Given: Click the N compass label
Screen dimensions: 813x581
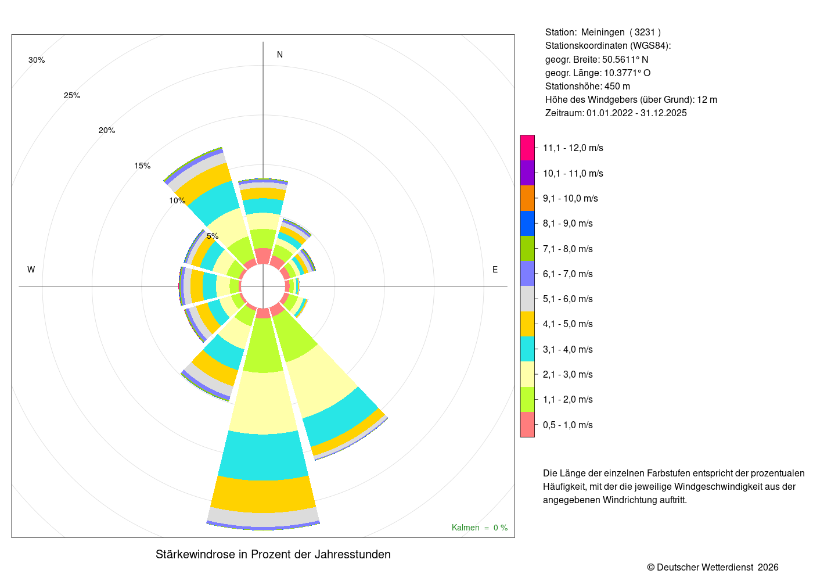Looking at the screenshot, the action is pyautogui.click(x=280, y=55).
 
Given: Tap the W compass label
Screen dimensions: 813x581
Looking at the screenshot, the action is pyautogui.click(x=31, y=270).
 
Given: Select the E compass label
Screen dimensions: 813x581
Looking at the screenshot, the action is pyautogui.click(x=495, y=270).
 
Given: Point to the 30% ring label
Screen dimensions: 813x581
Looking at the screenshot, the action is pyautogui.click(x=37, y=60).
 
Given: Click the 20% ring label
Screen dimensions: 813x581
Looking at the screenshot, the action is pyautogui.click(x=107, y=130).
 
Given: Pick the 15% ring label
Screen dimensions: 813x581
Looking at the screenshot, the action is pyautogui.click(x=142, y=166).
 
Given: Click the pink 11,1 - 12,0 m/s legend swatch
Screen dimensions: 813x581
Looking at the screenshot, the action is pyautogui.click(x=527, y=148).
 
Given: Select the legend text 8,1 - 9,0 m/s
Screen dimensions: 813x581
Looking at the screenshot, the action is pyautogui.click(x=568, y=223).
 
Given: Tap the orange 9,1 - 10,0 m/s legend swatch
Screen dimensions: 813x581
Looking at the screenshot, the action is pyautogui.click(x=527, y=198).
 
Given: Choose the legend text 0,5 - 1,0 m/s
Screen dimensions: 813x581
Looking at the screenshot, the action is pyautogui.click(x=568, y=425).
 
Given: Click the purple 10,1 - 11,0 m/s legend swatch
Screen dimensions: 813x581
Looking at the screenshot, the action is pyautogui.click(x=527, y=173).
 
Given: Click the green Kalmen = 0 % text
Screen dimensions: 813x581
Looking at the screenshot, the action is pyautogui.click(x=480, y=528).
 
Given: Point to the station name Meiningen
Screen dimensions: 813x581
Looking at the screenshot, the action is pyautogui.click(x=603, y=33).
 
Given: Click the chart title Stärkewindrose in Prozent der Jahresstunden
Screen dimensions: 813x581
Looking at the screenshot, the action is pyautogui.click(x=273, y=554).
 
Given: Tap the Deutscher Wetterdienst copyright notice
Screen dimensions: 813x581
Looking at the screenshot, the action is pyautogui.click(x=713, y=567).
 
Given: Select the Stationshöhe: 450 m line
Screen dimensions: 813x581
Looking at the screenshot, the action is pyautogui.click(x=588, y=86).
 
